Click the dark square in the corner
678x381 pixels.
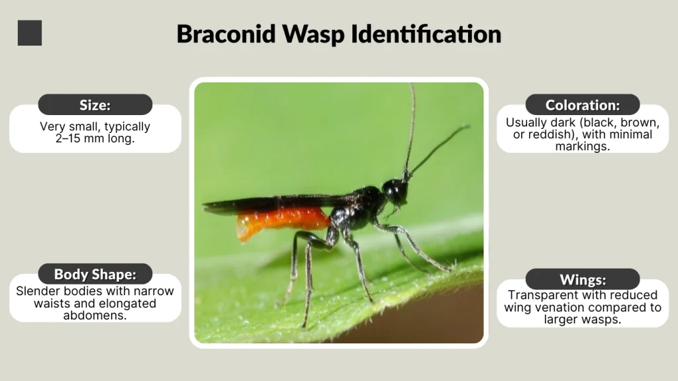pyautogui.click(x=30, y=33)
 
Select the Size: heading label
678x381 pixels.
pyautogui.click(x=95, y=105)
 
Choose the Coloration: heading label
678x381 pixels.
pyautogui.click(x=583, y=105)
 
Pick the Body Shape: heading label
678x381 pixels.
pyautogui.click(x=95, y=274)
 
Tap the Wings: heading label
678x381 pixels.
pyautogui.click(x=583, y=279)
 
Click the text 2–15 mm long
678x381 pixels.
pyautogui.click(x=95, y=139)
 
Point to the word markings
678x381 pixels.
pyautogui.click(x=583, y=146)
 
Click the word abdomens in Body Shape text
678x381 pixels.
pyautogui.click(x=95, y=316)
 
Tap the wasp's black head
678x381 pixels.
pyautogui.click(x=395, y=191)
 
